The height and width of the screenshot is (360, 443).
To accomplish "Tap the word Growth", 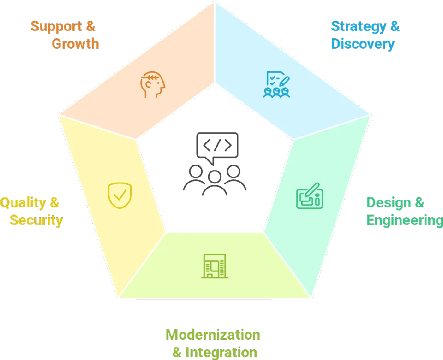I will click(75, 44).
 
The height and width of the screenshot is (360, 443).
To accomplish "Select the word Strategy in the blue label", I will click(358, 26).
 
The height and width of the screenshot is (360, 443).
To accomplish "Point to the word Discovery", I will click(363, 44).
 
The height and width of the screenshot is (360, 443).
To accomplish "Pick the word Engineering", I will click(404, 220).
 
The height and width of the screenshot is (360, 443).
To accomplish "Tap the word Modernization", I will click(213, 335).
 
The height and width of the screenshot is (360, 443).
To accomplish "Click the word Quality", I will click(22, 202).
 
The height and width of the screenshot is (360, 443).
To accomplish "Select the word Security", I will click(36, 220).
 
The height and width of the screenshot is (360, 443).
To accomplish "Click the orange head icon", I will click(153, 84).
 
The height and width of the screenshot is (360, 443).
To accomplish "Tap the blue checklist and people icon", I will click(276, 84).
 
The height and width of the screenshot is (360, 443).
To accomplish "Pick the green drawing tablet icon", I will click(309, 195).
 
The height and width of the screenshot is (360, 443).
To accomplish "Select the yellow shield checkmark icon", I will click(120, 195).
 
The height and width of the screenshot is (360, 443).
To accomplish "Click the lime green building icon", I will click(215, 266).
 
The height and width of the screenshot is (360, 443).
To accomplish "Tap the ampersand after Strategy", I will click(394, 26).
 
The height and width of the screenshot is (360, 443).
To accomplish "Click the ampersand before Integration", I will click(177, 353).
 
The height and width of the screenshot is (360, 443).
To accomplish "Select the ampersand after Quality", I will click(54, 202).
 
